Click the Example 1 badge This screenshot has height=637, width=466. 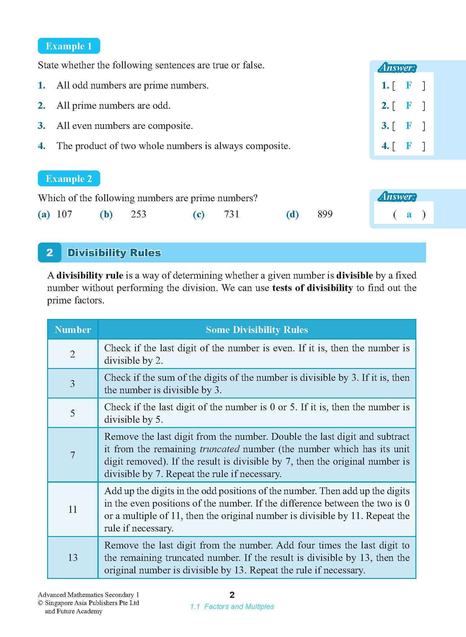[69, 46]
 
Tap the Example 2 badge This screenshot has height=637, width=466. [69, 179]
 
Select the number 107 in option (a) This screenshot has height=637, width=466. [64, 214]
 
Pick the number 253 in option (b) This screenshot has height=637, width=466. [138, 214]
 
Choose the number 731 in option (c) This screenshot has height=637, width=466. [231, 214]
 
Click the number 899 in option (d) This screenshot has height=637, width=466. [325, 214]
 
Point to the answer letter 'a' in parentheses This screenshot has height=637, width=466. [409, 214]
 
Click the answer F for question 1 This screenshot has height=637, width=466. [409, 85]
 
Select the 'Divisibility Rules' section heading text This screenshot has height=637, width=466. [114, 253]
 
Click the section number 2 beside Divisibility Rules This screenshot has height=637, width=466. [50, 253]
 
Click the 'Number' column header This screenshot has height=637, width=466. [73, 330]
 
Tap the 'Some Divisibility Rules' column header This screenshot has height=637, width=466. [257, 330]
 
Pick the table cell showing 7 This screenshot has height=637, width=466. [73, 455]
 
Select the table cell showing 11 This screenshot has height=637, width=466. [73, 509]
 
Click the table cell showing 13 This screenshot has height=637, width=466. [73, 557]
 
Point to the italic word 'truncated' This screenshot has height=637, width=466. [220, 449]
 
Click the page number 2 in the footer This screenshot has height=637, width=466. [232, 595]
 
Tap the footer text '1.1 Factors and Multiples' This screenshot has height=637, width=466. [232, 607]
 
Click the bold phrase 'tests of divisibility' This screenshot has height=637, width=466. [312, 288]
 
